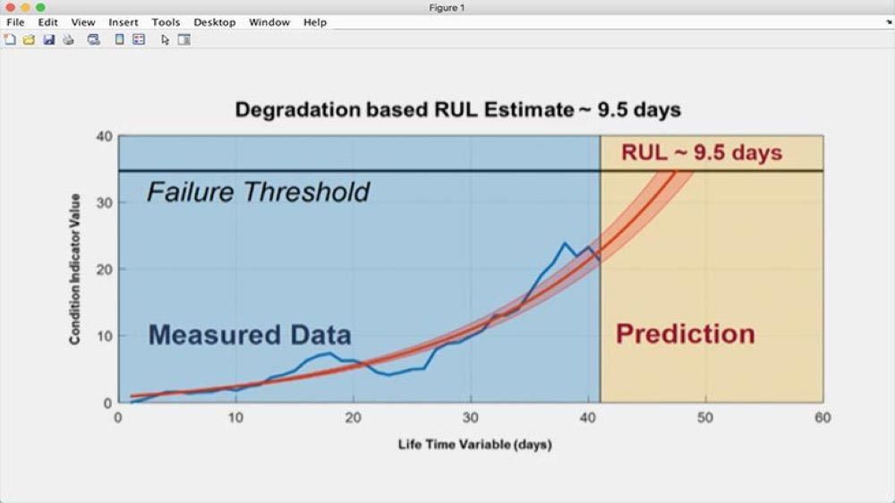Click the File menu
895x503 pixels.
click(x=15, y=22)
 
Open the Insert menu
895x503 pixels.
click(x=124, y=22)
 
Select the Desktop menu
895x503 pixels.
click(x=215, y=22)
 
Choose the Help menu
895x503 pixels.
click(x=315, y=22)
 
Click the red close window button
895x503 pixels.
click(x=10, y=7)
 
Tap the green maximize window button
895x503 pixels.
click(x=40, y=7)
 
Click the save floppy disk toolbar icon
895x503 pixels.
click(x=49, y=39)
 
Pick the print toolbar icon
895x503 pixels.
click(x=69, y=39)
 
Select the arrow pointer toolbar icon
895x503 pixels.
click(x=165, y=40)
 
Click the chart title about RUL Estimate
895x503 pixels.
click(x=457, y=109)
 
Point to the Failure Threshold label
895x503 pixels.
click(x=259, y=192)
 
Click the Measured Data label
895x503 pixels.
click(x=250, y=335)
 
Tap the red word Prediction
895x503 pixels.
click(x=685, y=334)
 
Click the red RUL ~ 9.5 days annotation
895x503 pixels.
click(x=702, y=152)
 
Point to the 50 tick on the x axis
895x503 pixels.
click(x=705, y=418)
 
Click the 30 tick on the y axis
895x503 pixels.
click(x=105, y=202)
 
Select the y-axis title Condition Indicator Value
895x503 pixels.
click(x=75, y=269)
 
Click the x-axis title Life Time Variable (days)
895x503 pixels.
click(x=475, y=444)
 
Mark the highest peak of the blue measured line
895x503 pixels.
click(x=565, y=243)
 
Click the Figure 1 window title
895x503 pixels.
click(x=447, y=8)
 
